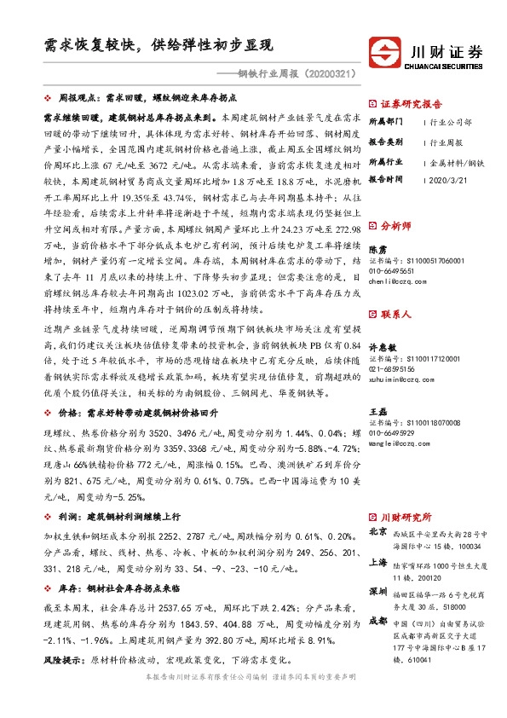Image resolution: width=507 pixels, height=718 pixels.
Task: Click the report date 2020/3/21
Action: click(446, 179)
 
